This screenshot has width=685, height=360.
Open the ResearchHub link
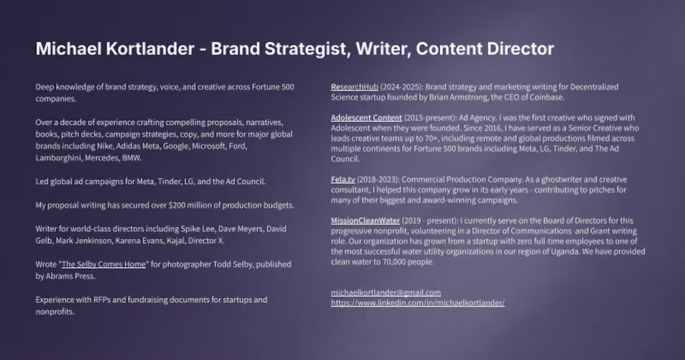point(354,87)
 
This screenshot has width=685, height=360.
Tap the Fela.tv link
point(343,179)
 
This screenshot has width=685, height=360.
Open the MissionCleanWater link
point(366,220)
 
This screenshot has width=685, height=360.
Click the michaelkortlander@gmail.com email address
point(385,292)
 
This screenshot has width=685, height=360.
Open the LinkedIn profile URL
point(417,302)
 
